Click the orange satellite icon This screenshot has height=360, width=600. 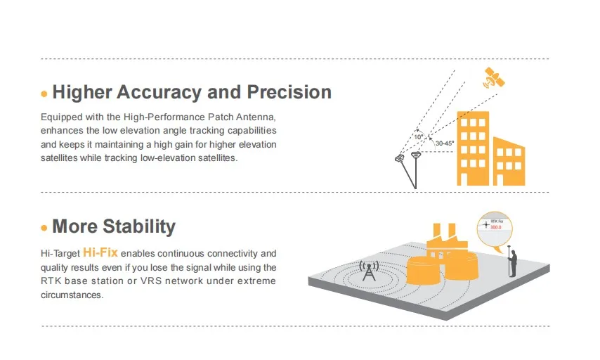coord(493,79)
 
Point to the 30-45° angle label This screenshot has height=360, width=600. coord(444,143)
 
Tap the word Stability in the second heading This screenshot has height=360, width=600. coord(139,226)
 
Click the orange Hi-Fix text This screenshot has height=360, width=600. coord(100,252)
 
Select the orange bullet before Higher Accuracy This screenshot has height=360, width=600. coord(44,94)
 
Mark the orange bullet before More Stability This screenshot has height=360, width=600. coord(44,228)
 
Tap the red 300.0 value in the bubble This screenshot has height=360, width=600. coord(496,227)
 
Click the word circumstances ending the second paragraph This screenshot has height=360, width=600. coord(72,295)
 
